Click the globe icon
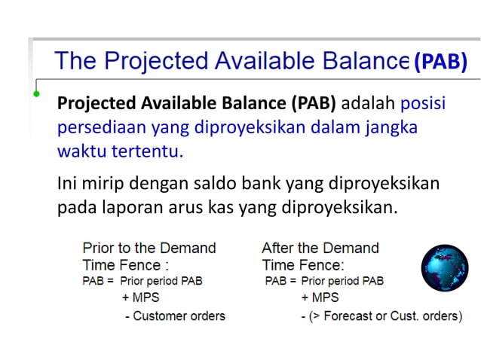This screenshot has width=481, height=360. click(444, 269)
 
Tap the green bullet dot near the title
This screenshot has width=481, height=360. click(35, 94)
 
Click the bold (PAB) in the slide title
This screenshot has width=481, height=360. click(440, 61)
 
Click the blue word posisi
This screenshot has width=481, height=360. click(424, 102)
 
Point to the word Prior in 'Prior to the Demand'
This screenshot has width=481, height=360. click(98, 248)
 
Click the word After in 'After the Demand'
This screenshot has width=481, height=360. click(278, 248)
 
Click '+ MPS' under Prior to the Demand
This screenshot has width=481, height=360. click(140, 298)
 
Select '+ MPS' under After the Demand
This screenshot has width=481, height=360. click(320, 298)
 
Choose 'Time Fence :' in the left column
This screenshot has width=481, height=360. click(126, 264)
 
